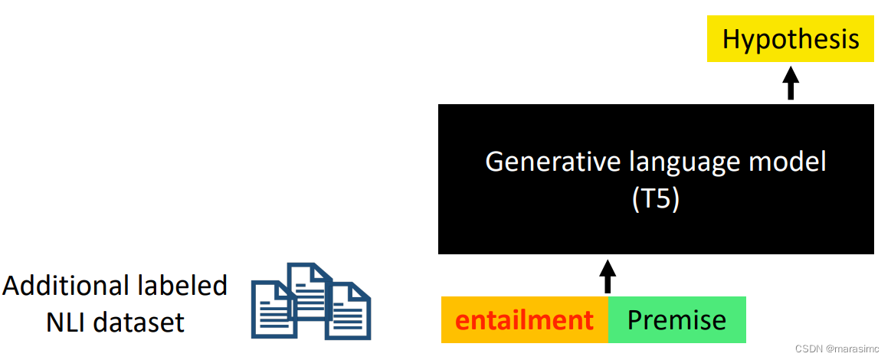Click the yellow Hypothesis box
pyautogui.click(x=791, y=40)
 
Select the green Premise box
pyautogui.click(x=676, y=319)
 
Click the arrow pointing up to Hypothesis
pyautogui.click(x=791, y=83)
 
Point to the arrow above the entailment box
pyautogui.click(x=608, y=276)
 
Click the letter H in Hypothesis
pyautogui.click(x=732, y=40)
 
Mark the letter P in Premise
pyautogui.click(x=635, y=319)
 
